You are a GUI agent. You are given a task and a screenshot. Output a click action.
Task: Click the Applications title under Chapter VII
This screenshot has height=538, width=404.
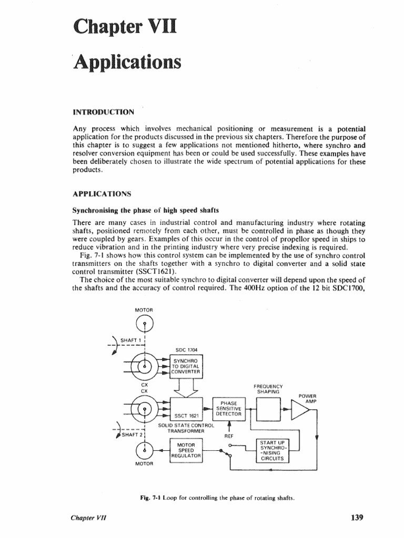(127, 63)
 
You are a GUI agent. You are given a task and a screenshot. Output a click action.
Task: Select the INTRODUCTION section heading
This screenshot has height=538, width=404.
(103, 111)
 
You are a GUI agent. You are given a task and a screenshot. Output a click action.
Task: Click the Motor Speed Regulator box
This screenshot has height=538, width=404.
(186, 451)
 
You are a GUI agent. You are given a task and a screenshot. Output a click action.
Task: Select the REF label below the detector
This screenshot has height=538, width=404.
(229, 436)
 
